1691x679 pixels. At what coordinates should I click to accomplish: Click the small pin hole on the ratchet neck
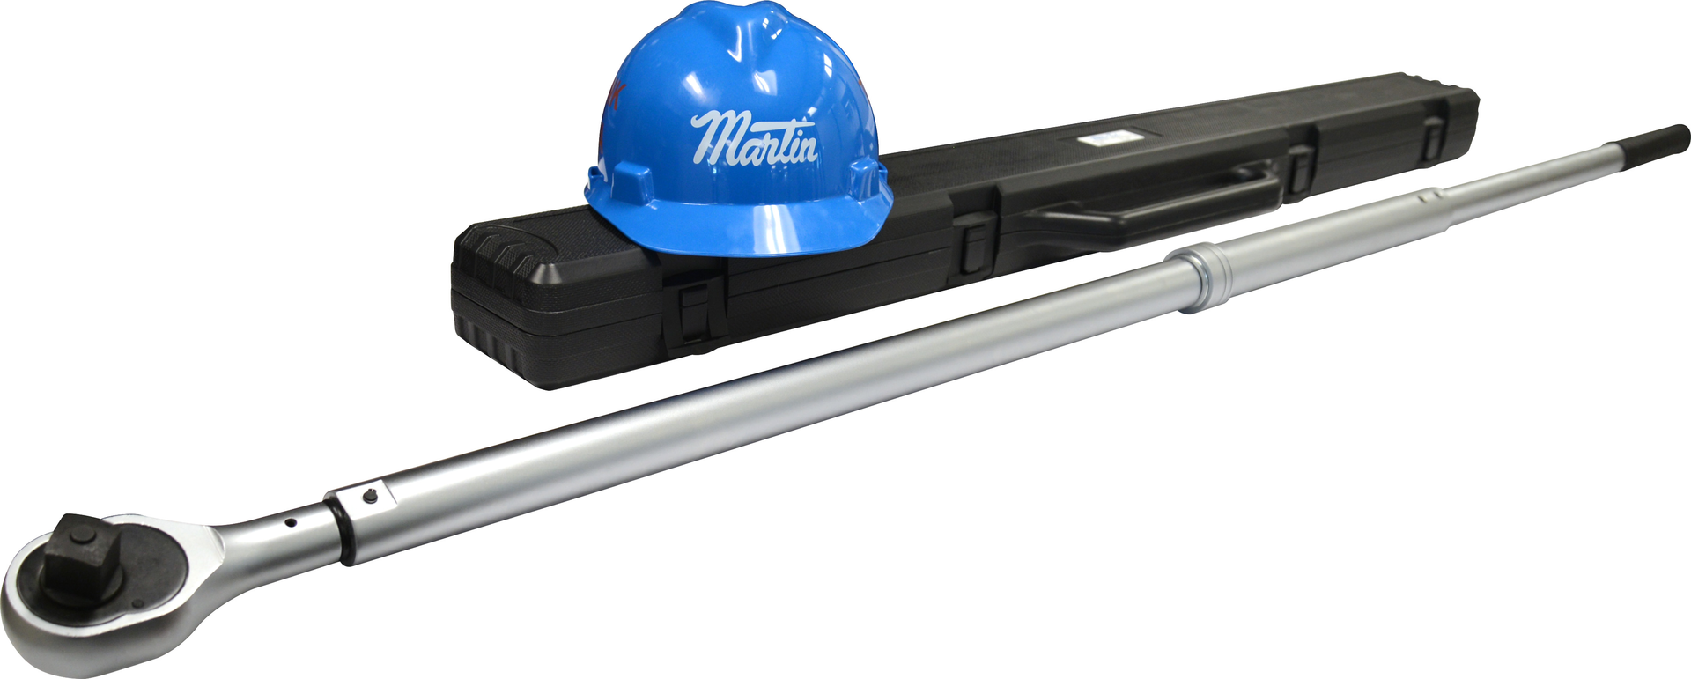(290, 523)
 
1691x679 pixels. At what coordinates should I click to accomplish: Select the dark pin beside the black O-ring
(370, 498)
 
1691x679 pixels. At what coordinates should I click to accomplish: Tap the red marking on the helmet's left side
(617, 92)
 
